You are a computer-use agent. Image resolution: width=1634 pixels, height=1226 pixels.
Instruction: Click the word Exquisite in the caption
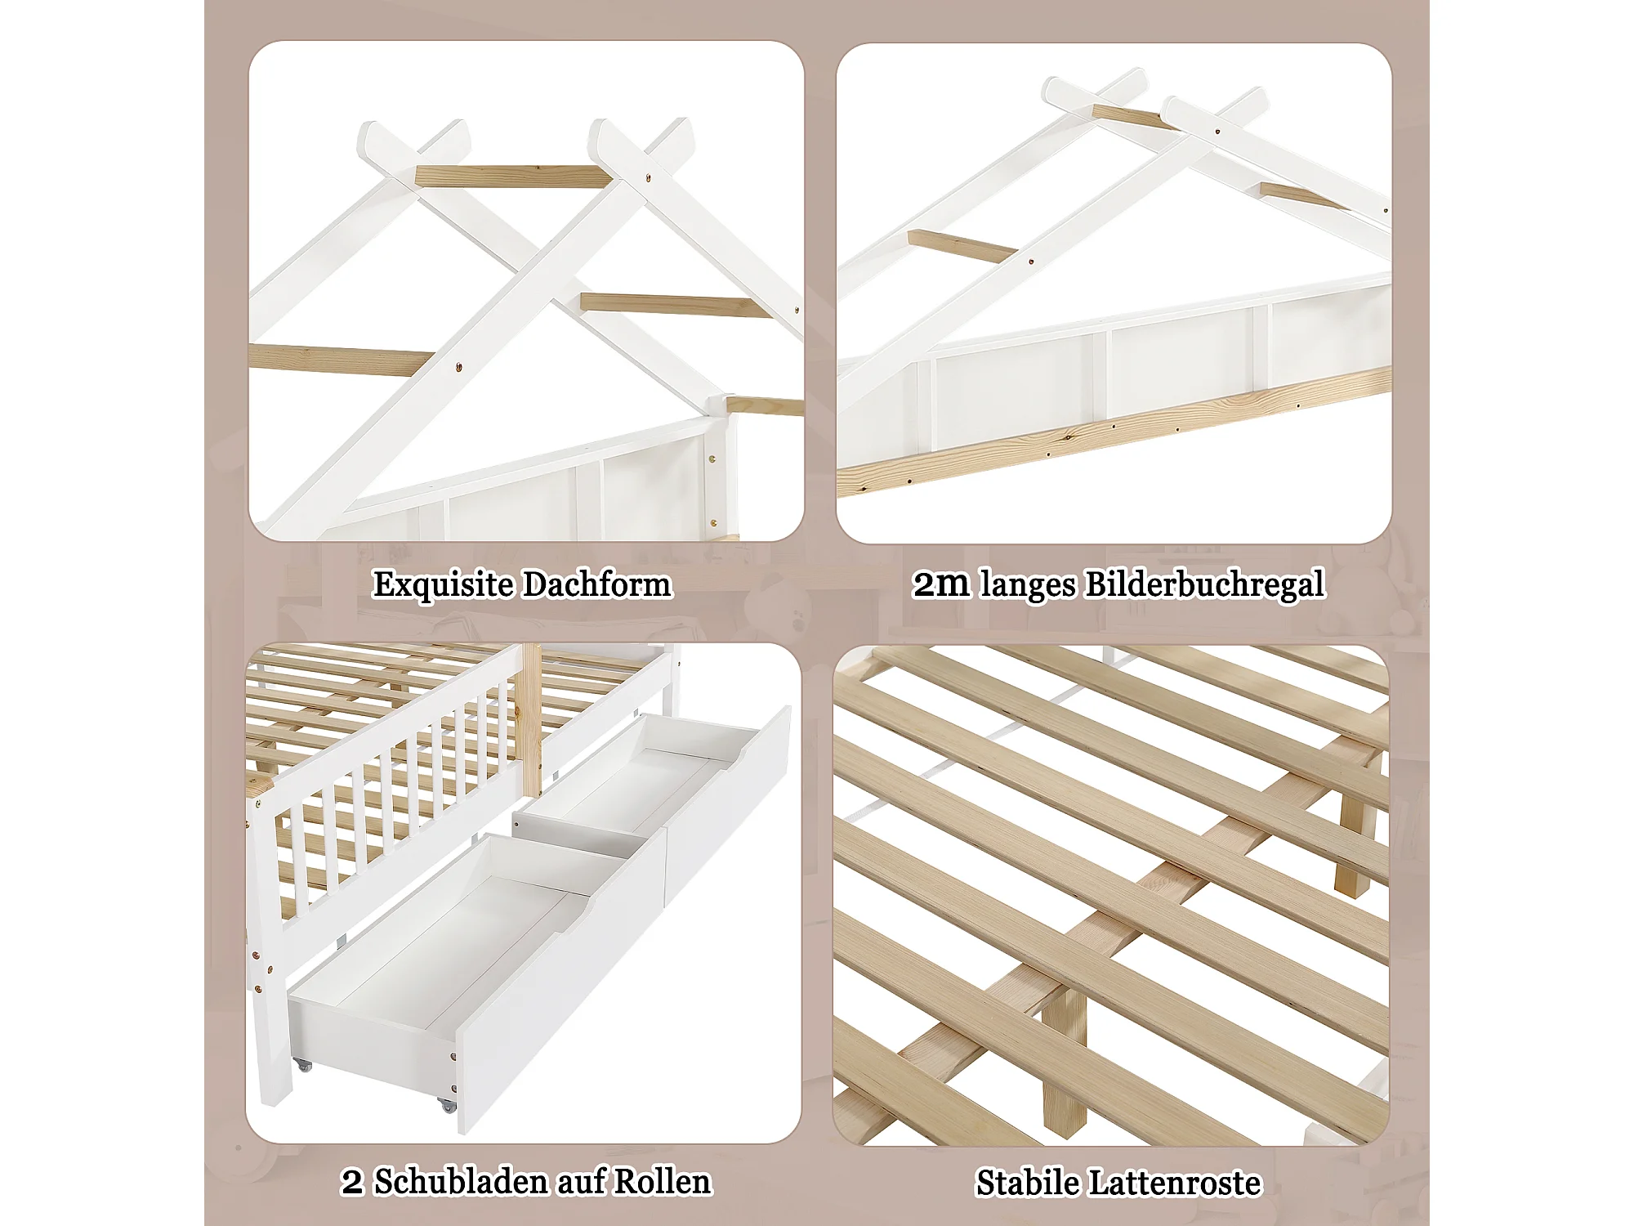(443, 585)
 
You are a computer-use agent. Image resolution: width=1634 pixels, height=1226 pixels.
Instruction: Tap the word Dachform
(597, 584)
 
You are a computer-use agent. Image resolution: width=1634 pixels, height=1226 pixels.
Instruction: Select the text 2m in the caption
(941, 584)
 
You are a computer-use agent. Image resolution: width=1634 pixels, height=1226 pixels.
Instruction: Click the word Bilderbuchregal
(1205, 585)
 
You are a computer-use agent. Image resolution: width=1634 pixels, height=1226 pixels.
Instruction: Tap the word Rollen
(663, 1182)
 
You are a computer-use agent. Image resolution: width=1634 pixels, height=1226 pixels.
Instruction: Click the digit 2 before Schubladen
(352, 1183)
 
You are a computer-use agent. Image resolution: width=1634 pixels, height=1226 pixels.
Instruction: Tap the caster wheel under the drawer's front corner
(447, 1105)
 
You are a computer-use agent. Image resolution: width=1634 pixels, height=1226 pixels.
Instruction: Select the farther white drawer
(654, 785)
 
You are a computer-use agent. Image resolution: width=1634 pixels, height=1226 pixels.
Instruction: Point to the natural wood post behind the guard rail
(531, 719)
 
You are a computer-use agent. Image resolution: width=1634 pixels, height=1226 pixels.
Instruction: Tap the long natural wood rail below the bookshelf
(1114, 432)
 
